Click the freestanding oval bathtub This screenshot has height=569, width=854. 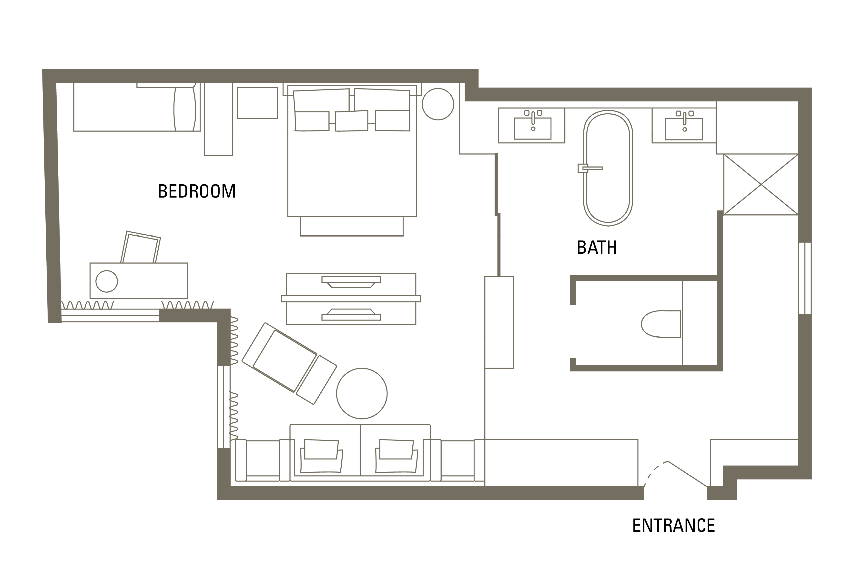pyautogui.click(x=608, y=168)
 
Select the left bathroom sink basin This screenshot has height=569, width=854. pyautogui.click(x=532, y=128)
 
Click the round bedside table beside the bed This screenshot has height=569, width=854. pyautogui.click(x=438, y=104)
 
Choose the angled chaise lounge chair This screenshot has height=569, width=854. pyautogui.click(x=289, y=363)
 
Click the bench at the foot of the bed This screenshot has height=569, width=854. pyautogui.click(x=351, y=226)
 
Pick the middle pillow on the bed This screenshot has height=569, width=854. pyautogui.click(x=351, y=120)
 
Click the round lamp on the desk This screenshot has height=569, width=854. pyautogui.click(x=107, y=281)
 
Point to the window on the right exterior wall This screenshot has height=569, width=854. pyautogui.click(x=805, y=278)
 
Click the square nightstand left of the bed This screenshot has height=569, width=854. pyautogui.click(x=257, y=103)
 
